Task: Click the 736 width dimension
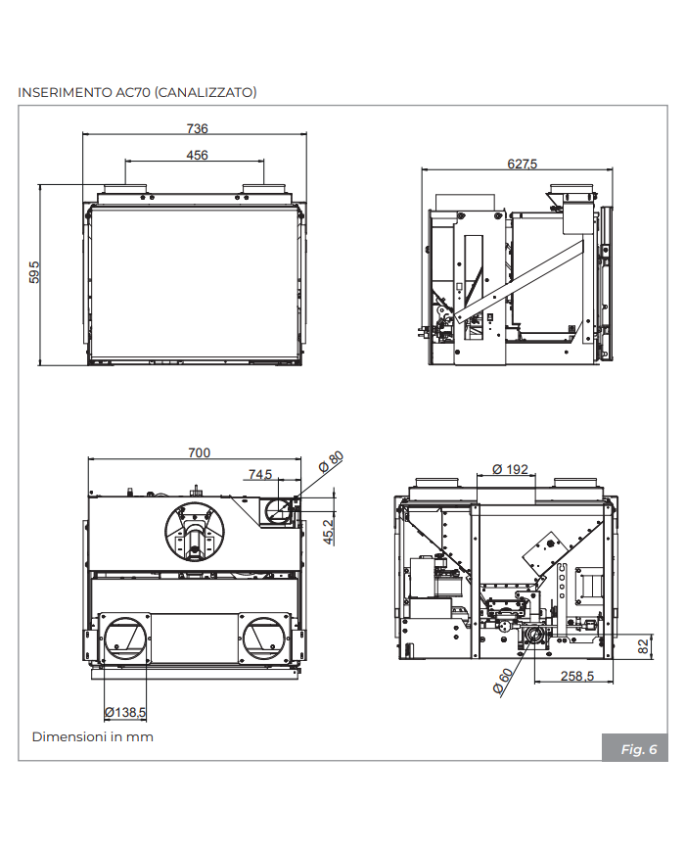(x=197, y=128)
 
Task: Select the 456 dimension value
(x=197, y=155)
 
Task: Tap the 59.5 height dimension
(x=34, y=271)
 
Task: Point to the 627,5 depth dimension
(x=522, y=164)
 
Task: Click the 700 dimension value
(x=199, y=452)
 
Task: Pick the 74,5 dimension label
(x=260, y=474)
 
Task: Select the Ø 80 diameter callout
(x=332, y=461)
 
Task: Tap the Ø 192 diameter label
(x=510, y=469)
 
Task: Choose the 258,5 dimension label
(x=578, y=677)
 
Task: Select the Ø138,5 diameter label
(x=124, y=712)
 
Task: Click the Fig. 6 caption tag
(x=638, y=749)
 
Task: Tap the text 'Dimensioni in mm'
(x=92, y=736)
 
